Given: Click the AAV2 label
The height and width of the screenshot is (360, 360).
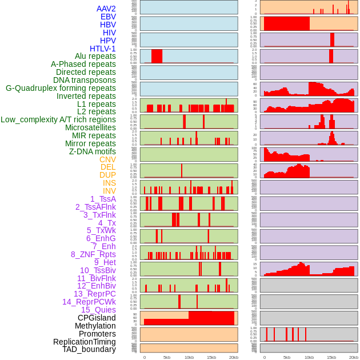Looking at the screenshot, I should pyautogui.click(x=106, y=9).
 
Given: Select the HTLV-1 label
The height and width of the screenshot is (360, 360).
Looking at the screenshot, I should pyautogui.click(x=103, y=49).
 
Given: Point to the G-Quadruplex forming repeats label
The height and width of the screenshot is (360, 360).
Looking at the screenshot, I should pyautogui.click(x=61, y=88).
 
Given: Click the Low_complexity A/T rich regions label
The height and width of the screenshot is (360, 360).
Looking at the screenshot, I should pyautogui.click(x=58, y=119).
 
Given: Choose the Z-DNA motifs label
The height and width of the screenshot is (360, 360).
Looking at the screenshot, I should pyautogui.click(x=93, y=151).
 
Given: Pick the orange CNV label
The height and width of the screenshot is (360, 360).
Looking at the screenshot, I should pyautogui.click(x=107, y=159).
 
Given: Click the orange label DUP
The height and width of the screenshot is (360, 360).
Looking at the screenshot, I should pyautogui.click(x=107, y=175).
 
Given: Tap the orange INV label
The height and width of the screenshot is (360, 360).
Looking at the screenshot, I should pyautogui.click(x=109, y=191).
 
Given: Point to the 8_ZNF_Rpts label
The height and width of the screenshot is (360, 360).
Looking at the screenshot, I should pyautogui.click(x=93, y=254).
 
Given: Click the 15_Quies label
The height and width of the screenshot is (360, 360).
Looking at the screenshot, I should pyautogui.click(x=98, y=310).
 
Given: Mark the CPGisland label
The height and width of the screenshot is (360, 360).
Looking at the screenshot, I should pyautogui.click(x=97, y=318).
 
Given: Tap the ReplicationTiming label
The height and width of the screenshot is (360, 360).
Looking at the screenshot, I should pyautogui.click(x=85, y=342).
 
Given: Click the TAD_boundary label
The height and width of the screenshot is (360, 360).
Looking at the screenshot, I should pyautogui.click(x=89, y=349).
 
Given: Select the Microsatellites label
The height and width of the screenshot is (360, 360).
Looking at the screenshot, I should pyautogui.click(x=90, y=127).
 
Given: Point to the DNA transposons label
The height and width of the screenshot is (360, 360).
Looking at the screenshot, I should pyautogui.click(x=85, y=80).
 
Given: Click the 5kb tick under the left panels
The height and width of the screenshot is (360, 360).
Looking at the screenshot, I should pyautogui.click(x=167, y=357).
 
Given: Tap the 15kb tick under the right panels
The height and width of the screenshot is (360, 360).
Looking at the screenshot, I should pyautogui.click(x=331, y=357).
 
